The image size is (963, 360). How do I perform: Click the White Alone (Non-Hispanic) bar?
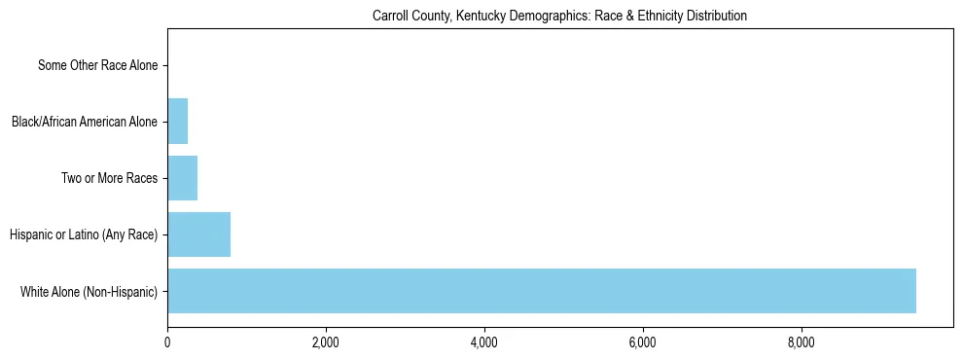[x=542, y=291]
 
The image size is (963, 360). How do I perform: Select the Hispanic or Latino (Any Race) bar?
[x=198, y=234]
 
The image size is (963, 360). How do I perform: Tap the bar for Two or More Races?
[x=182, y=178]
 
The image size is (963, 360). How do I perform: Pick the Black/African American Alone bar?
[x=177, y=122]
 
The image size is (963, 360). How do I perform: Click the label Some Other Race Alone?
[x=97, y=66]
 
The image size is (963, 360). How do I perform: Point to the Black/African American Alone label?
[x=85, y=123]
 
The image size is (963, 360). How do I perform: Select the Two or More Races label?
[x=109, y=179]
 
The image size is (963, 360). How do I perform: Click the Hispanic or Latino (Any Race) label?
[x=84, y=235]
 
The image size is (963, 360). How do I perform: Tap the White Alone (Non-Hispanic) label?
[x=89, y=292]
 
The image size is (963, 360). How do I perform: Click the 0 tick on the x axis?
[x=167, y=342]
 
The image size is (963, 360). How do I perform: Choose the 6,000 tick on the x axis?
[x=642, y=342]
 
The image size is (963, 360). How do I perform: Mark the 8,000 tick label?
[x=801, y=342]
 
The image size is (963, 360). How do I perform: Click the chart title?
[x=559, y=17]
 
